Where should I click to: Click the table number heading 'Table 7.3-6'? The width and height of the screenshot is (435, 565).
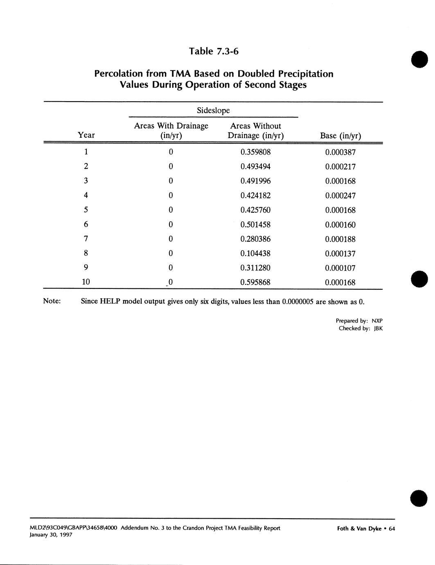(214, 51)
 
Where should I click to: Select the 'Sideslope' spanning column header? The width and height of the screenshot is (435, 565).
(213, 110)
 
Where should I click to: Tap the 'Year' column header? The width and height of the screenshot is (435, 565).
(86, 135)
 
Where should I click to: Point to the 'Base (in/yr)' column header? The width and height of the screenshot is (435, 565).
(340, 136)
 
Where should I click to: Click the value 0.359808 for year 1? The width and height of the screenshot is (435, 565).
(255, 152)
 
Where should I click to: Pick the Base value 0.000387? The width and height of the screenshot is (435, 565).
(340, 152)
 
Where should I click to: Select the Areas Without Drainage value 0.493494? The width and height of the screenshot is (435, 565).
(255, 167)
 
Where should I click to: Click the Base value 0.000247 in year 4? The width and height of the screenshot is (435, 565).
(340, 196)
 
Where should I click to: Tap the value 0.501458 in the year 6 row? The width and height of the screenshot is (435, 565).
(255, 225)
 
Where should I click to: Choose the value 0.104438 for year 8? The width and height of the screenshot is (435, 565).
(255, 254)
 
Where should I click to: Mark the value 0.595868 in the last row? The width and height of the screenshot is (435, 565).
(255, 282)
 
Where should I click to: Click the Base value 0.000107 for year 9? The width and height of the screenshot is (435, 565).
(340, 268)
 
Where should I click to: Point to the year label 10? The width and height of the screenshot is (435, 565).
(86, 282)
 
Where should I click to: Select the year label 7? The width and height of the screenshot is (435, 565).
(86, 238)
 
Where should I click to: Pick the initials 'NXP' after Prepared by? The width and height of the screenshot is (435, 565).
(377, 321)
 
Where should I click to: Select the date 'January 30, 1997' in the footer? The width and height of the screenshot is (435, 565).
(51, 535)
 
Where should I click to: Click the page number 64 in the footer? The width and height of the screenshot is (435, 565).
(392, 529)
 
